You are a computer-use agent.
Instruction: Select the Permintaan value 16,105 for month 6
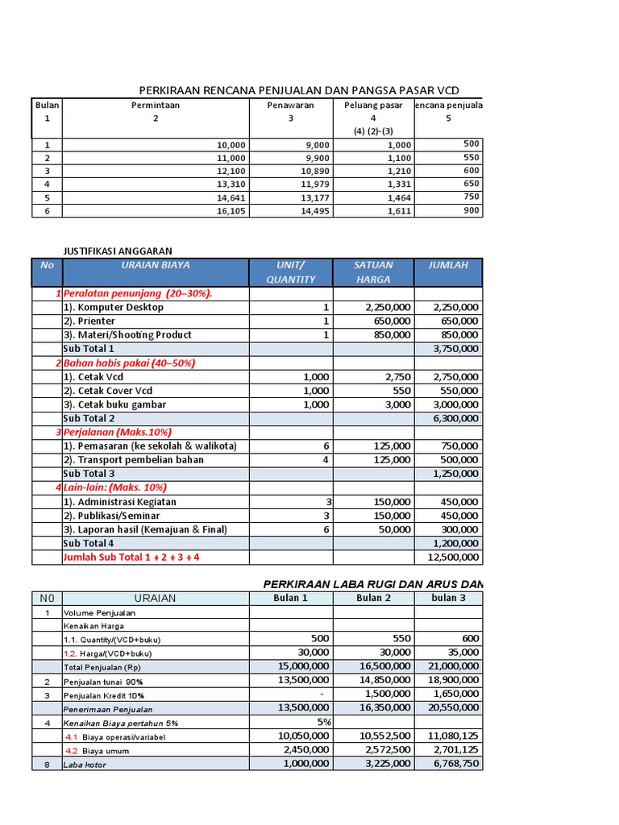(231, 211)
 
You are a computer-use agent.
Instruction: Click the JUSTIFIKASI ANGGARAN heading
(118, 251)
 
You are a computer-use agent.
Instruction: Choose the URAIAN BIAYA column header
(156, 265)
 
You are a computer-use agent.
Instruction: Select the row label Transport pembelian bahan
(133, 460)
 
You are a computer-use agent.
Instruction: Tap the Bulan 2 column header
(373, 598)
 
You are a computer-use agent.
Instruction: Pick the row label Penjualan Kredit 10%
(105, 694)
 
